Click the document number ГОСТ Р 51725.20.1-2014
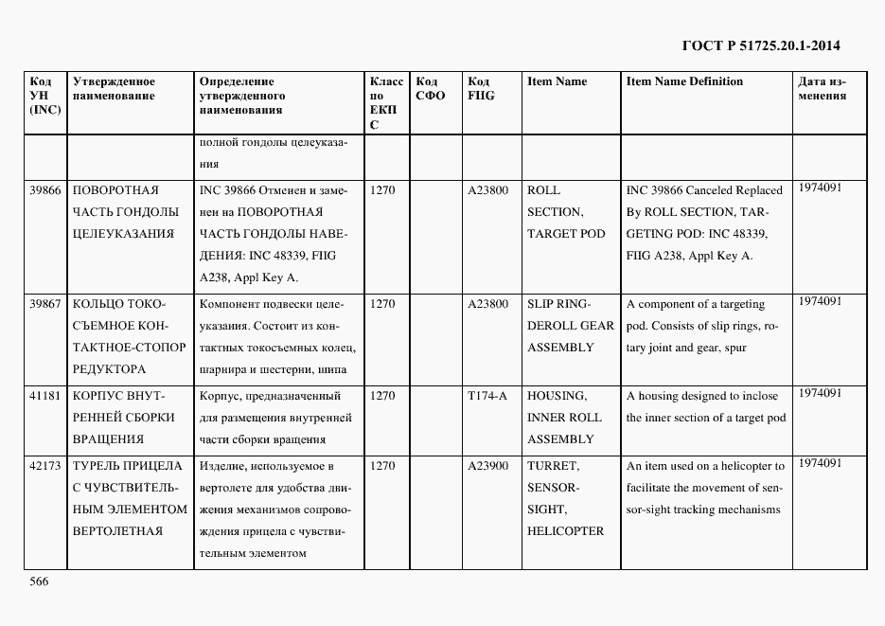761,45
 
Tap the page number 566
39,581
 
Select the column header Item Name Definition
684,81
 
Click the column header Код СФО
431,89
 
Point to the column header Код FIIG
481,89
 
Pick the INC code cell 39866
45,190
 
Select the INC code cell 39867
45,304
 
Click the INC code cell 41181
45,396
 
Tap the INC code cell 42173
45,466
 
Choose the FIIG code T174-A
487,396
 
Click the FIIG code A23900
488,466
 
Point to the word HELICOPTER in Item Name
565,531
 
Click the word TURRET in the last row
553,466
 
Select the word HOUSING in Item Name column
557,396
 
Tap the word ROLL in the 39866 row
543,190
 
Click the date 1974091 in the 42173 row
820,463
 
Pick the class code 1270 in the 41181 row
382,396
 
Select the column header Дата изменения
822,89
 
